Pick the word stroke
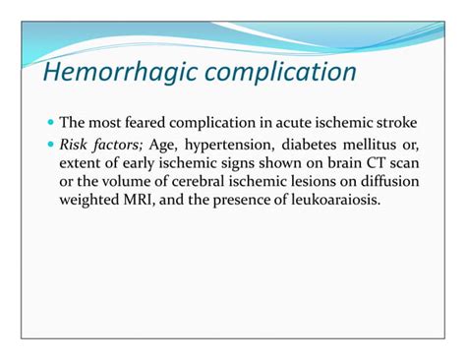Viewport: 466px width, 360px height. coord(397,124)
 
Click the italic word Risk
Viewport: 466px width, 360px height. coord(75,145)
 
